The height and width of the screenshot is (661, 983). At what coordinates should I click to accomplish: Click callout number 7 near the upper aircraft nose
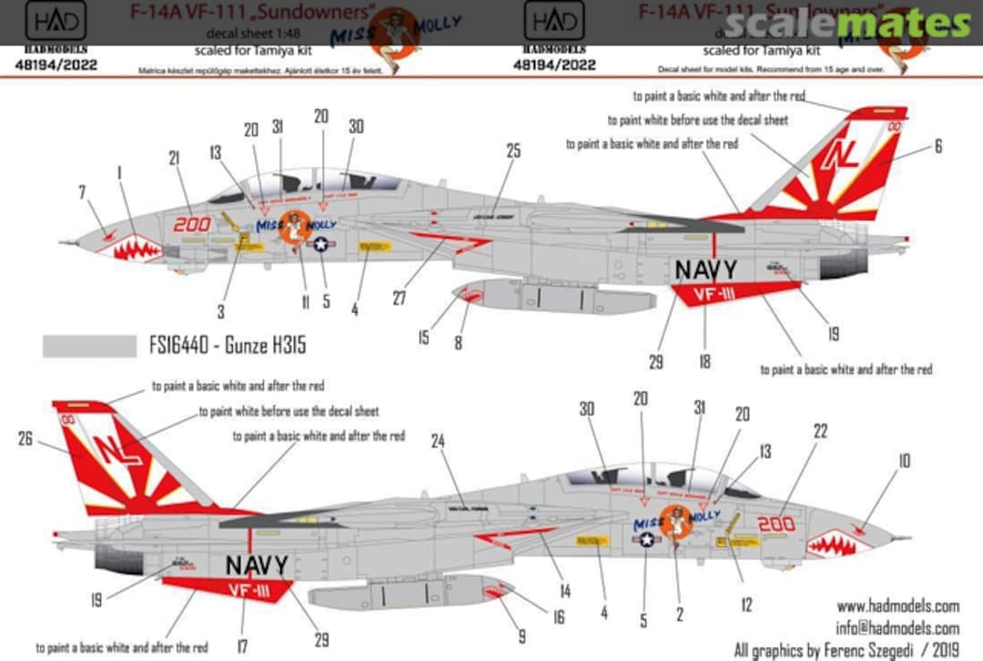[84, 192]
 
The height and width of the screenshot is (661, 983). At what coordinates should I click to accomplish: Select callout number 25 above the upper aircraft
[513, 151]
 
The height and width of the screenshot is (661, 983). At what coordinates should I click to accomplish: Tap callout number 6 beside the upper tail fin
[937, 145]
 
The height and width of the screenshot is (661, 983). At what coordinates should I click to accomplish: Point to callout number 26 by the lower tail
[25, 439]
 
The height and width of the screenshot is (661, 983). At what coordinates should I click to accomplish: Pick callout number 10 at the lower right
[903, 462]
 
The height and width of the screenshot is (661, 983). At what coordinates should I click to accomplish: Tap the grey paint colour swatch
[88, 346]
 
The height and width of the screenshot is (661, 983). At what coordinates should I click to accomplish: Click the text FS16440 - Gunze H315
[226, 346]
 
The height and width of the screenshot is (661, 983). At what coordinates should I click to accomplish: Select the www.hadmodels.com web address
[897, 606]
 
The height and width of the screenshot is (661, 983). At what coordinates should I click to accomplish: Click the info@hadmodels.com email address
[897, 628]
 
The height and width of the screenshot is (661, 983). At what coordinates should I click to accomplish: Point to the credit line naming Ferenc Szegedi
[846, 650]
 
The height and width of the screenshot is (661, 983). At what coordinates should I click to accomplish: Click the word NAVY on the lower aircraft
[257, 566]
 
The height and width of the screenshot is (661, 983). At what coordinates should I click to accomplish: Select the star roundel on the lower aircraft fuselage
[646, 539]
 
